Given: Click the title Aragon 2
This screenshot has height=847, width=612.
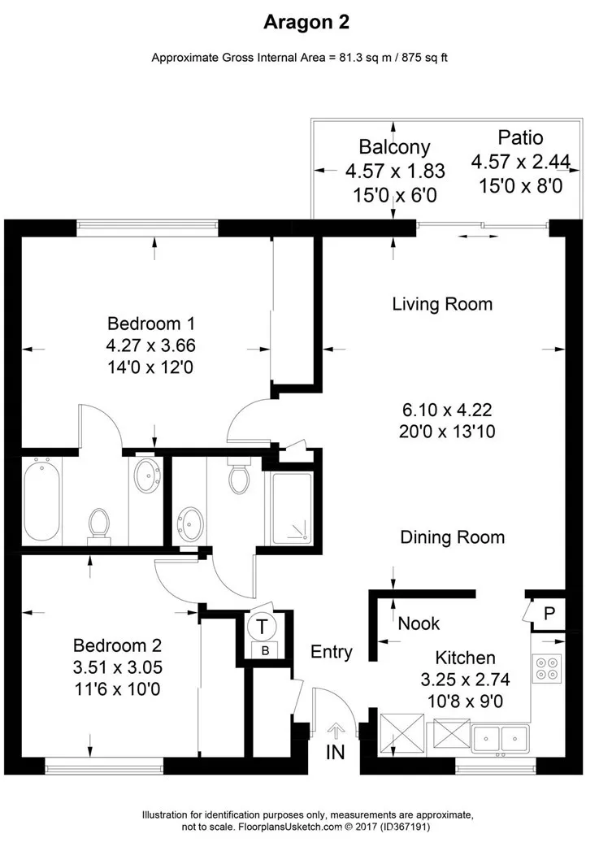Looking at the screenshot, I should [306, 23].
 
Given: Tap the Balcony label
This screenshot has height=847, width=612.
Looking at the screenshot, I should [394, 147].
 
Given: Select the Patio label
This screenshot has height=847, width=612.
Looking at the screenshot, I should [520, 137].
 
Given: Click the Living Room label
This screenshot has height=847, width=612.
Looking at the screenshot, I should [442, 304].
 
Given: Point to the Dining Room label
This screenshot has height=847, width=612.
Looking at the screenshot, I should [452, 537].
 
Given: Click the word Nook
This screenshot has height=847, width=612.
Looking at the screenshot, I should [419, 623].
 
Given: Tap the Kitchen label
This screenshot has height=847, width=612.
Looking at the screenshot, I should [465, 658].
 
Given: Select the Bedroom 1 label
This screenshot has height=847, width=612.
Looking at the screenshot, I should [151, 321].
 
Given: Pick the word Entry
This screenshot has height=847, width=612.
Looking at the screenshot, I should [332, 652].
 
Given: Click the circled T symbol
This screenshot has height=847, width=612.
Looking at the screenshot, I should [263, 627].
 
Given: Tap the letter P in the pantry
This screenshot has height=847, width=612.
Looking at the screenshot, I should [549, 613].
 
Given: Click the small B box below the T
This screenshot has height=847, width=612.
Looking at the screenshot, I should [264, 649].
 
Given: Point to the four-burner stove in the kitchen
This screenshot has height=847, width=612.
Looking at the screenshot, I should [545, 668].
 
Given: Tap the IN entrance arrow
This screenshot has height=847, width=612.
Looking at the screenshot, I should [336, 736].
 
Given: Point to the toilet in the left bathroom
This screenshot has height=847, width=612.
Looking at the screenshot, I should [98, 524].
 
